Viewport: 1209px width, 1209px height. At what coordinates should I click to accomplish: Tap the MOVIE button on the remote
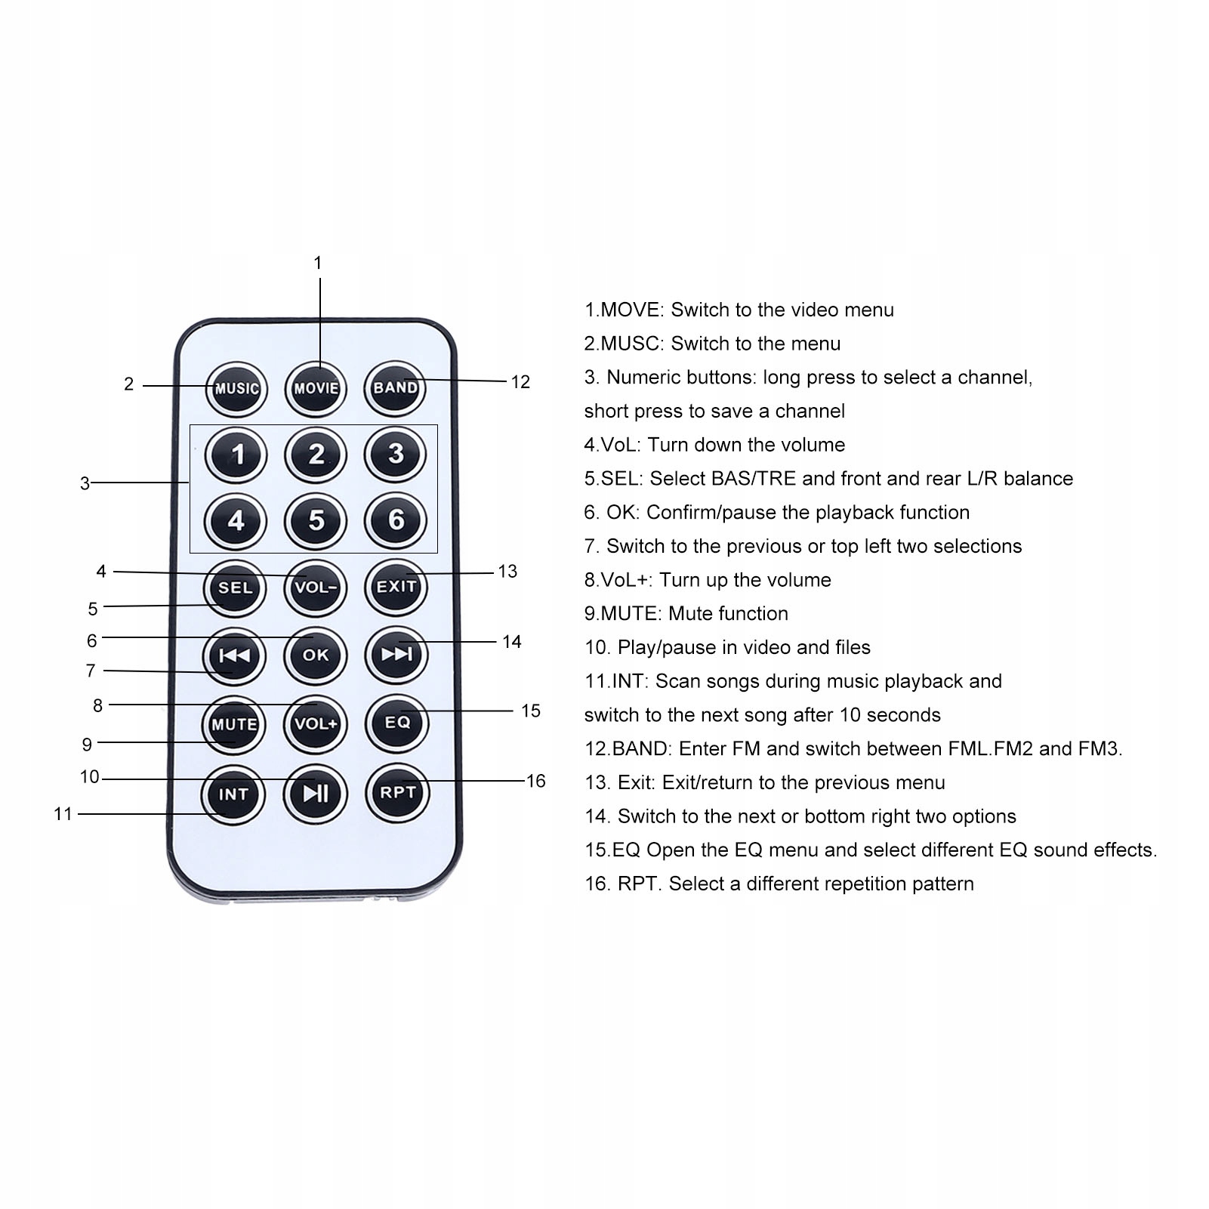click(x=316, y=388)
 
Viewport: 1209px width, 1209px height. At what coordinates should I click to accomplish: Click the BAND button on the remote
click(x=395, y=387)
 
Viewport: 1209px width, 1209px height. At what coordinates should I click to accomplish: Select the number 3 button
click(x=396, y=454)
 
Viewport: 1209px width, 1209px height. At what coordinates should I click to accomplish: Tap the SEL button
click(x=235, y=588)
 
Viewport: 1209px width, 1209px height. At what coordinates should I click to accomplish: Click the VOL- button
click(x=316, y=588)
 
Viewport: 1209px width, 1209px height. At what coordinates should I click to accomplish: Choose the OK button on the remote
click(x=316, y=655)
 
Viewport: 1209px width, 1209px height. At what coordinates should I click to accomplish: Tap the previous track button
click(x=234, y=655)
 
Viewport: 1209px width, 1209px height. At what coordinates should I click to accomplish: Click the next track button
click(x=396, y=653)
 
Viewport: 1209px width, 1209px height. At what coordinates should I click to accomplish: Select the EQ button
click(x=397, y=723)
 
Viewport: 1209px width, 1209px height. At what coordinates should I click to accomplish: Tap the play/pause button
click(x=316, y=793)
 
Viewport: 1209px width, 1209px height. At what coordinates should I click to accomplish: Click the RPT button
click(x=398, y=792)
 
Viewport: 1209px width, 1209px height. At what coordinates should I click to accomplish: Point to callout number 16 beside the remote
click(x=536, y=781)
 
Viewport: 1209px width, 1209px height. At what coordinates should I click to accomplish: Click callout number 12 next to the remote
click(x=520, y=382)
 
